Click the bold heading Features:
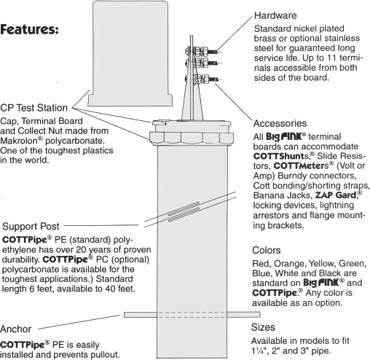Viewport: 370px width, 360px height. click(x=29, y=29)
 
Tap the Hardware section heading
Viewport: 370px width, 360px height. click(x=275, y=15)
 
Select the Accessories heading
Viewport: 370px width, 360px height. click(x=280, y=123)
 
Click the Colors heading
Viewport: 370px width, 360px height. click(x=267, y=250)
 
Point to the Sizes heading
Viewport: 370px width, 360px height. click(x=263, y=327)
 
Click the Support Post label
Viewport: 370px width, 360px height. click(x=31, y=227)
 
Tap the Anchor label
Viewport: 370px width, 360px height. click(x=16, y=329)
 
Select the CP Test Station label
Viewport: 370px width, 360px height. click(x=34, y=108)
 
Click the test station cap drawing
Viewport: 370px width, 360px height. click(x=130, y=53)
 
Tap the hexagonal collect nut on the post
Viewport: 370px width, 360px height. click(x=192, y=138)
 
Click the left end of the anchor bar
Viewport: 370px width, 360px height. click(x=125, y=315)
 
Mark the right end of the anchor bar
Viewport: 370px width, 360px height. click(x=259, y=315)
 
